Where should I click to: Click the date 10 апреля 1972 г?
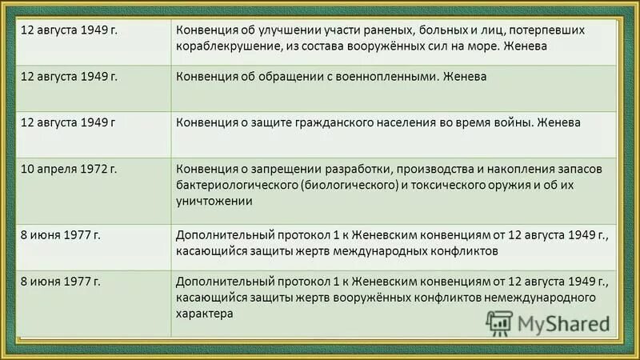pos(70,170)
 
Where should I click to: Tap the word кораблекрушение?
pos(229,46)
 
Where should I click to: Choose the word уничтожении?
pos(215,202)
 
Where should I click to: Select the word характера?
pos(205,314)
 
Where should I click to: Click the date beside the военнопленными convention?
pos(70,77)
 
